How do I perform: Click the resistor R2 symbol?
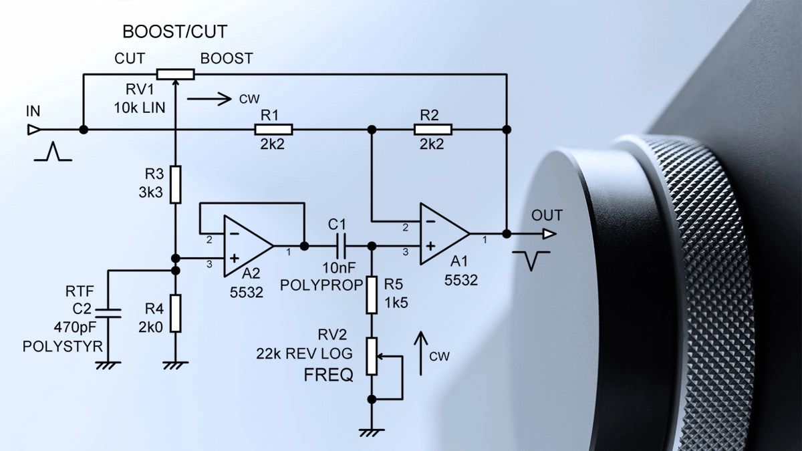433,130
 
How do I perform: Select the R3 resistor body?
175,184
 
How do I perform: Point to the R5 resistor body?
372,296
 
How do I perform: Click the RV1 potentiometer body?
175,74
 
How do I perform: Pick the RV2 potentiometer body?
372,355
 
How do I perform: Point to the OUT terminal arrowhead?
549,234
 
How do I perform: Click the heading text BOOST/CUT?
175,31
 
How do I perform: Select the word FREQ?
328,375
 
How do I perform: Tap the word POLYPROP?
321,285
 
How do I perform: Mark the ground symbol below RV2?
372,432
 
